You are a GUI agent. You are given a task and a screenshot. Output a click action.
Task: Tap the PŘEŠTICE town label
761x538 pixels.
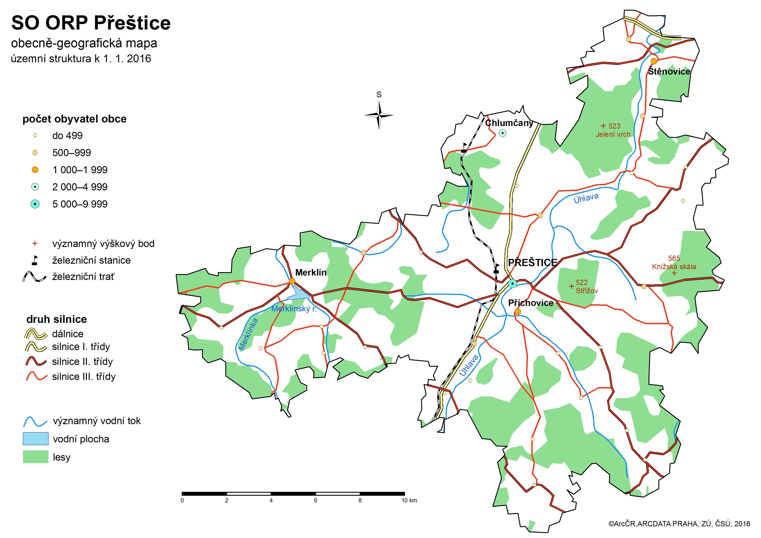532,262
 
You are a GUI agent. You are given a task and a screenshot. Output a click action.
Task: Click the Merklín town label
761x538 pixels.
311,272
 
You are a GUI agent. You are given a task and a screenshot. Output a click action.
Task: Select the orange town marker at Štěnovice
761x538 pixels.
654,61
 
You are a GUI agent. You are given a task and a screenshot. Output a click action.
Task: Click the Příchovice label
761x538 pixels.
530,303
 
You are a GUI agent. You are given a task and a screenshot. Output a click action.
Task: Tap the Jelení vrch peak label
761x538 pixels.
613,134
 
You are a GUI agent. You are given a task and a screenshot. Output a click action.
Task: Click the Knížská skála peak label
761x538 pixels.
674,266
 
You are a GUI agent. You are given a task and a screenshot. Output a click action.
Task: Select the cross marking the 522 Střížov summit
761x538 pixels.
571,286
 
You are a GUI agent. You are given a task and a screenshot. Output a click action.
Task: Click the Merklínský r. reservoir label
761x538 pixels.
294,309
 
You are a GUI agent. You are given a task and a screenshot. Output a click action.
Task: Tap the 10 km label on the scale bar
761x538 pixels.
409,500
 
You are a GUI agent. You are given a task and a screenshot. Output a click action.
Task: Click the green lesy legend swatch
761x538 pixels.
35,457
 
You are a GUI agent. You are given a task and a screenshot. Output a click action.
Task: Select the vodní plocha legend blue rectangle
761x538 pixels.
35,439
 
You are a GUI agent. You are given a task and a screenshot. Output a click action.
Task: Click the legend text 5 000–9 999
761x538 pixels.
80,204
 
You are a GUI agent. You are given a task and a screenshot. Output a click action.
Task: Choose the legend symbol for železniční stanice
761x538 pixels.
35,260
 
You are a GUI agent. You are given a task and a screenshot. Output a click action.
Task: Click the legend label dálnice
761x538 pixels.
68,334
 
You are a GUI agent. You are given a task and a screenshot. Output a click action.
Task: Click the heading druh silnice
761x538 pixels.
56,319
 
